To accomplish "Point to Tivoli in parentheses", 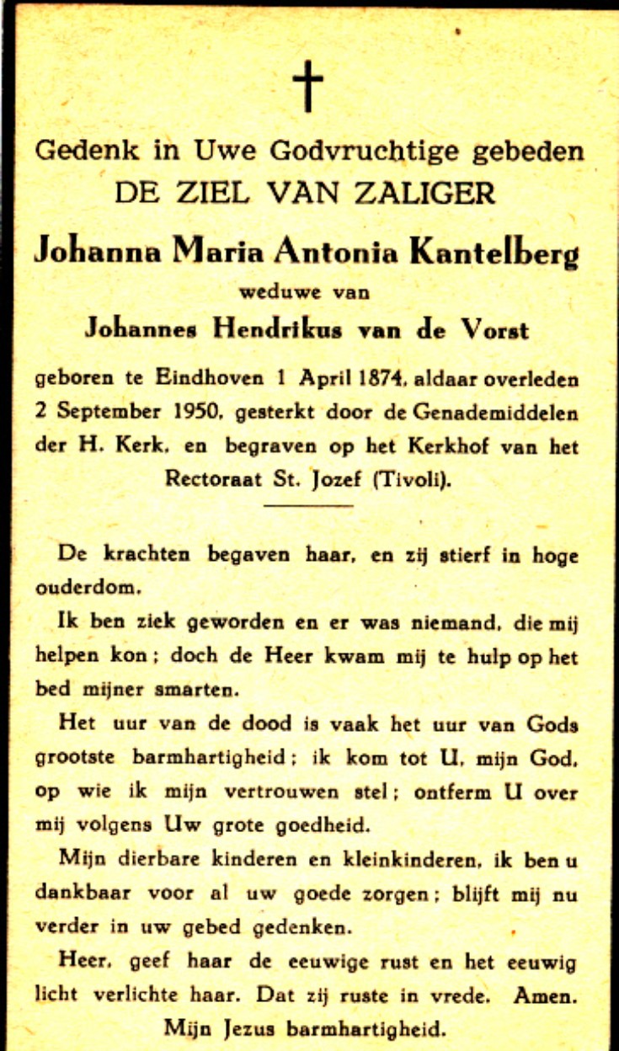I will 409,480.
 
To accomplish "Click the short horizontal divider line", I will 308,505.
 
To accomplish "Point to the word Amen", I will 547,995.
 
